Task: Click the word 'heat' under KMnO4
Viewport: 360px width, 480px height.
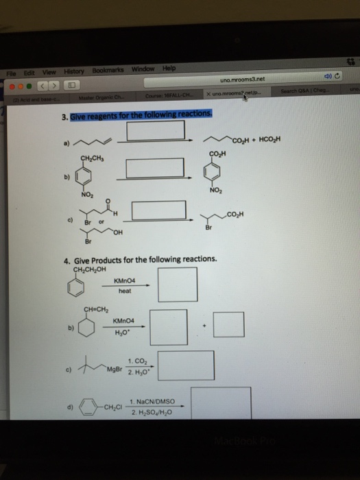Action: tap(124, 292)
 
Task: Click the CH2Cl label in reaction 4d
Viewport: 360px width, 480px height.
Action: tap(112, 407)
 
